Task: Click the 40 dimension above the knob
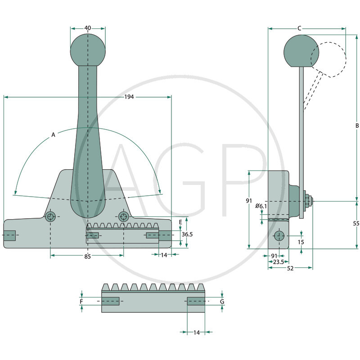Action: (x=88, y=28)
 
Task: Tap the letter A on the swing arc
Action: (x=53, y=135)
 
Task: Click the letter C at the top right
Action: (x=300, y=28)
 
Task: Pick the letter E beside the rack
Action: (x=180, y=222)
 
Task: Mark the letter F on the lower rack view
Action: (x=81, y=301)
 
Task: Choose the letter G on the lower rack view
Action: (x=222, y=301)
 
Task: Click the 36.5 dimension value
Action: (x=187, y=234)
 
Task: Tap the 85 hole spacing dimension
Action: (x=88, y=256)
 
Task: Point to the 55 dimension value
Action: (x=356, y=224)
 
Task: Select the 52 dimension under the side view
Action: (x=290, y=268)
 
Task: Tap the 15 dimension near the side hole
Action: (x=301, y=242)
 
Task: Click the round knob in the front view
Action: (x=88, y=49)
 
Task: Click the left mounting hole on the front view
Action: (x=51, y=216)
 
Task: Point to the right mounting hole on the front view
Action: (x=123, y=216)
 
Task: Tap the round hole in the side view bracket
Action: (x=279, y=236)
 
